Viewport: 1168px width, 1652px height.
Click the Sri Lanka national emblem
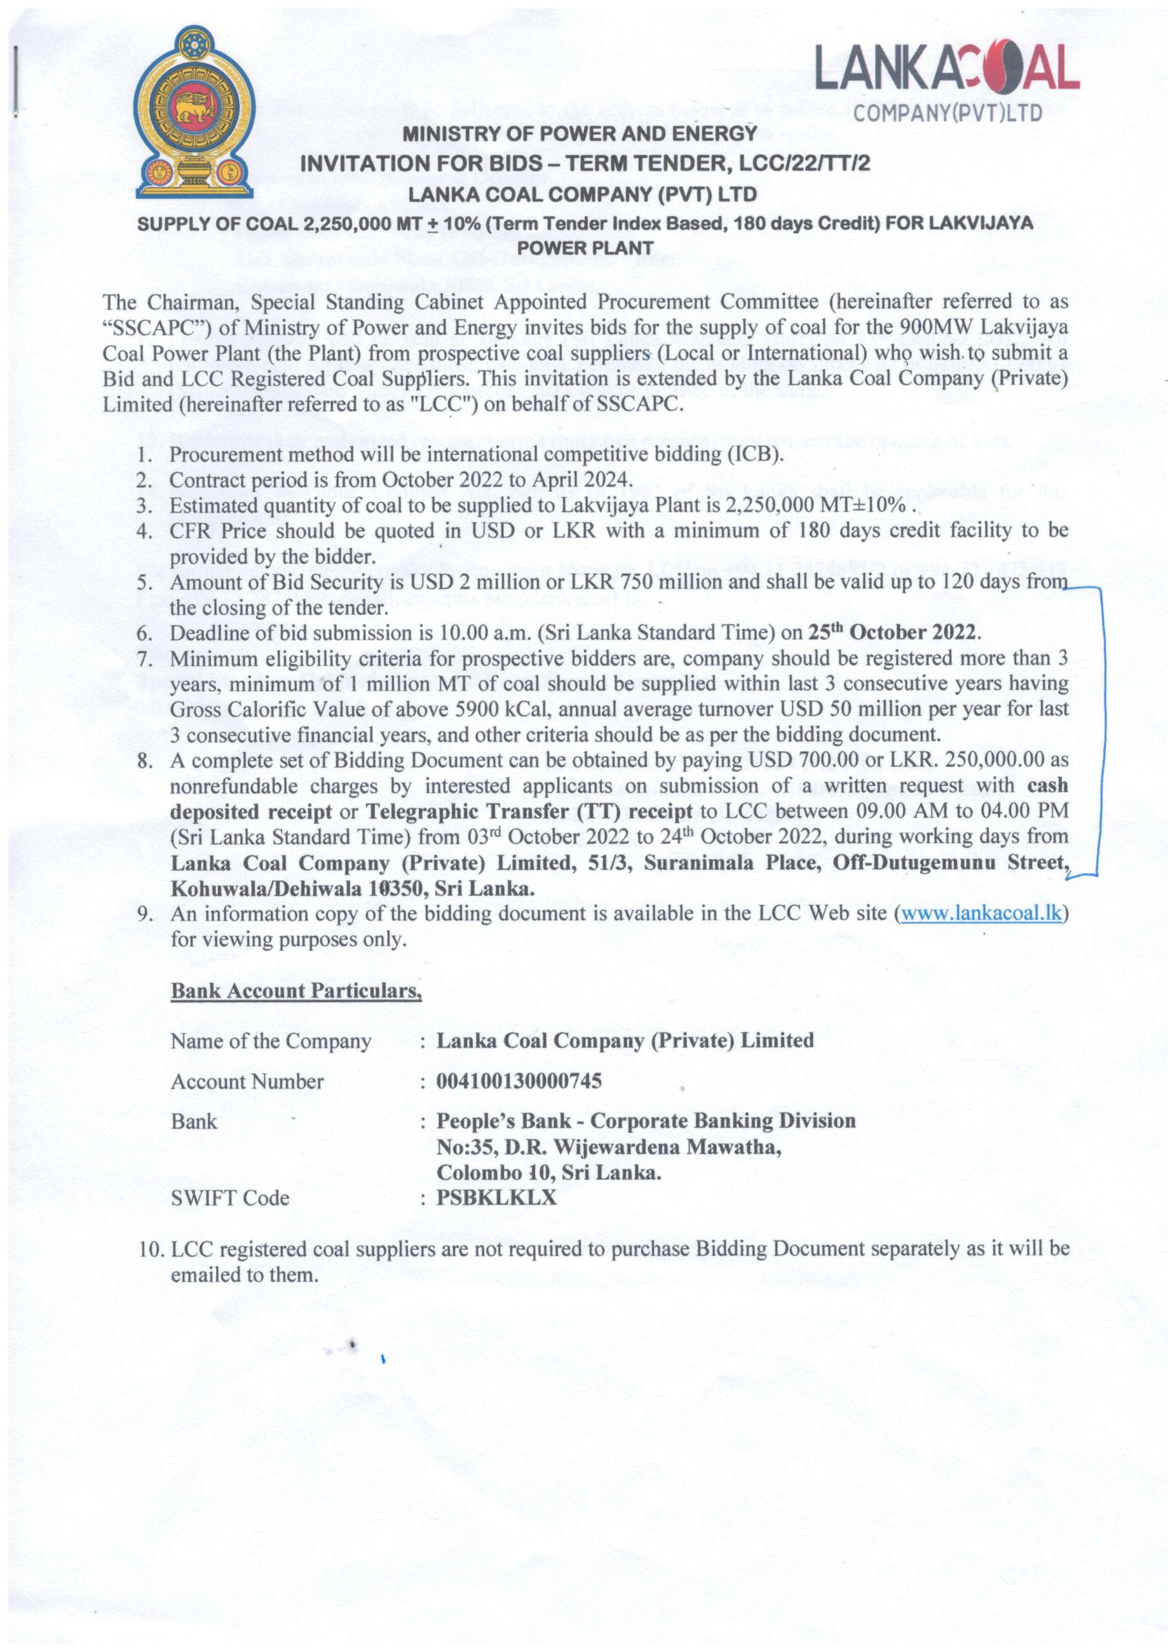coord(194,113)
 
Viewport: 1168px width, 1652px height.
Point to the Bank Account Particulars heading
coord(296,991)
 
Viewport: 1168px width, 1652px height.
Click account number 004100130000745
coord(519,1082)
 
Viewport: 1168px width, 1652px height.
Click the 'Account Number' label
coord(247,1082)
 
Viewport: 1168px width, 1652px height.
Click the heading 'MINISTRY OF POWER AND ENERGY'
coord(580,134)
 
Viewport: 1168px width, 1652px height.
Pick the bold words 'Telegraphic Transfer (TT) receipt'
coord(529,812)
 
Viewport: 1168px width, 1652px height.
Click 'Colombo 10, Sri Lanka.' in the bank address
coord(549,1173)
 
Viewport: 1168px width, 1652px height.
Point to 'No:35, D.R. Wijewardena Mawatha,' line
coord(609,1147)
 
